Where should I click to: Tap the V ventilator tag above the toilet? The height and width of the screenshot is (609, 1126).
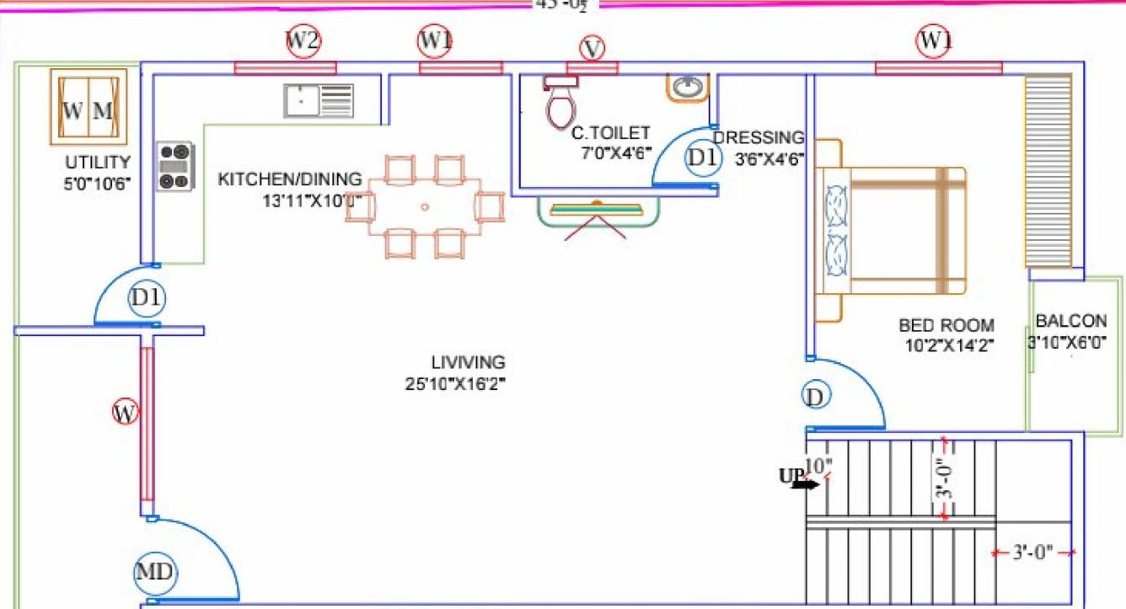[x=592, y=49]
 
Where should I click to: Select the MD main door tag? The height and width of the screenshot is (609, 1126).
[x=155, y=574]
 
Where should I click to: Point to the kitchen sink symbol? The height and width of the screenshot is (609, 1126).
[x=319, y=100]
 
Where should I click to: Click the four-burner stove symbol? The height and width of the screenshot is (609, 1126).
[x=174, y=166]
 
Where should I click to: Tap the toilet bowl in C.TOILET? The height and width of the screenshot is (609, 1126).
[x=560, y=104]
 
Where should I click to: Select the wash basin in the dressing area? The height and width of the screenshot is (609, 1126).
[x=689, y=87]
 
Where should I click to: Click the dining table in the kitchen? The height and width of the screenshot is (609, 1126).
[x=425, y=206]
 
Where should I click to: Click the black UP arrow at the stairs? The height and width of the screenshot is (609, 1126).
[x=806, y=483]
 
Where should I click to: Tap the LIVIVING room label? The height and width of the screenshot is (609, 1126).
[x=468, y=362]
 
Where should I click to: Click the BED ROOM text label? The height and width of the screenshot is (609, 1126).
[x=946, y=325]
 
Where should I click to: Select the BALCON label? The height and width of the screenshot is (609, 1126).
[x=1070, y=321]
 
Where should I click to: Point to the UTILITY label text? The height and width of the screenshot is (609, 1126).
[x=98, y=163]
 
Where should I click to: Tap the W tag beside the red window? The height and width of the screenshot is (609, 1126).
[x=125, y=413]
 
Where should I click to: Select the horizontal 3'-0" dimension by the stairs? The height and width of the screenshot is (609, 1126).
[x=1032, y=553]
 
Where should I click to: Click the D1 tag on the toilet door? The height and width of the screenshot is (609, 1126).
[x=702, y=158]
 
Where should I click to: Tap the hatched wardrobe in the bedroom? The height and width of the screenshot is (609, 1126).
[x=1048, y=171]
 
